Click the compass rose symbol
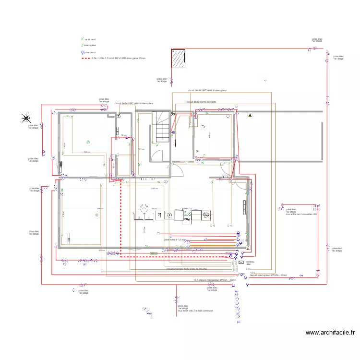26,117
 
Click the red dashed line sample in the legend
86,58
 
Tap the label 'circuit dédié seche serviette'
202,102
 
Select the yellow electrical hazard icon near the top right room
250,115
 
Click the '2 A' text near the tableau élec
248,269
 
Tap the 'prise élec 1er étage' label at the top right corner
317,41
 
